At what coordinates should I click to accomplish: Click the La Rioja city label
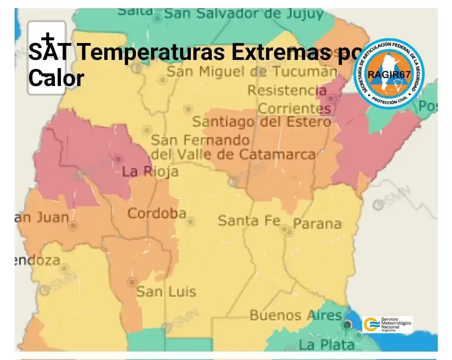pos(150,172)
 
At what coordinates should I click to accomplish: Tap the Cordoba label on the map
pos(156,214)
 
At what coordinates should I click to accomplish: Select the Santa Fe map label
pos(249,220)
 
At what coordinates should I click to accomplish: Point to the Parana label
pos(317,224)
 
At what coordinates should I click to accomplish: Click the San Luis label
pos(166,291)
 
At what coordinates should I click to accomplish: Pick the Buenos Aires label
pos(296,315)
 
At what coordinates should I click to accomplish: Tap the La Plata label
pos(327,344)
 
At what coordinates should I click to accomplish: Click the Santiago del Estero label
pos(261,122)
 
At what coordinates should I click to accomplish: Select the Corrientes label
pos(295,109)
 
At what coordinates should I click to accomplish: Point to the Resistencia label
pos(287,91)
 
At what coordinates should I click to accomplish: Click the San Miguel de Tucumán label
pos(251,72)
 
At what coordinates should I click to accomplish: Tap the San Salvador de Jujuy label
pos(244,14)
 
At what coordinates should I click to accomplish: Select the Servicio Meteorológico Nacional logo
pos(387,324)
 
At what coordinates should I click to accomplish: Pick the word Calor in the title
pos(56,78)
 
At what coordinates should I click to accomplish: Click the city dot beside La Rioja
pos(118,159)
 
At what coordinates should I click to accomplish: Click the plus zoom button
pos(47,39)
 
